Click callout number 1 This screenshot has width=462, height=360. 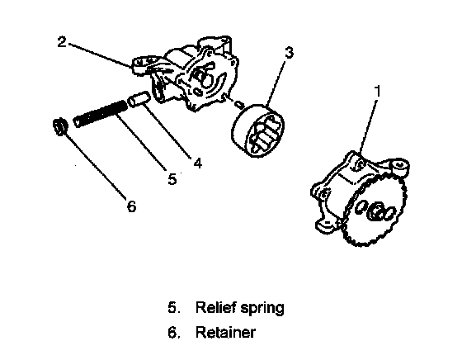click(x=377, y=91)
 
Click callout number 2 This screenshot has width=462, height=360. click(x=62, y=41)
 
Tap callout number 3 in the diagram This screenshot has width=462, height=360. click(x=290, y=53)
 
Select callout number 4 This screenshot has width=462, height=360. click(x=198, y=163)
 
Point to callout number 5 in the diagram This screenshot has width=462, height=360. click(x=172, y=178)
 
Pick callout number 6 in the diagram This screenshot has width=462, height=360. click(x=132, y=206)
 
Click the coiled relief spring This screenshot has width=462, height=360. click(x=101, y=113)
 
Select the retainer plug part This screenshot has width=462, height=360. click(x=59, y=126)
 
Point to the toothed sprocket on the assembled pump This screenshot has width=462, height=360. click(x=375, y=210)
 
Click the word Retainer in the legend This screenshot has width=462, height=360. click(x=225, y=332)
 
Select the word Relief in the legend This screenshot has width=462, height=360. click(x=216, y=307)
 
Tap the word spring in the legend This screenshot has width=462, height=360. click(x=262, y=309)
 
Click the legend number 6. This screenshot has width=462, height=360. click(x=173, y=332)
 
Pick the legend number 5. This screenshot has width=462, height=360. click(x=173, y=307)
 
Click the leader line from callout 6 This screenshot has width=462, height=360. click(x=94, y=165)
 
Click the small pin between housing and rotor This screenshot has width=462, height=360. click(x=239, y=103)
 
